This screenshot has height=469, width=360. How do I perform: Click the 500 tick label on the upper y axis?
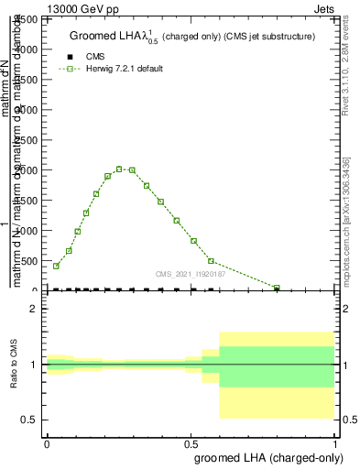[33, 261]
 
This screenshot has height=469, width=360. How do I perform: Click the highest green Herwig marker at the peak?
[119, 169]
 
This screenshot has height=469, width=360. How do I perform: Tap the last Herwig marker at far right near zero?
[277, 288]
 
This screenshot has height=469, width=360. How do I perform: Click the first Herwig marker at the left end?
[56, 266]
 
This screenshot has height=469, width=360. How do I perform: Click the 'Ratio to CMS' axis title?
[15, 365]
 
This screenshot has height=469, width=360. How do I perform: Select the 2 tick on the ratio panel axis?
[33, 310]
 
